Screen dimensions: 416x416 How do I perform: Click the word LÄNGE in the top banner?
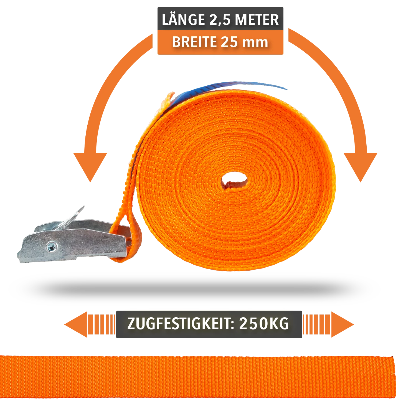[x=183, y=19]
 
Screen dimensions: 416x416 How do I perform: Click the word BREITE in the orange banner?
[x=194, y=42]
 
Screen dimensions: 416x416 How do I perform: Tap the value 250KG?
[x=264, y=324]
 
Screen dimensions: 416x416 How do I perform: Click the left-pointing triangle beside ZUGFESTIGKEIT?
[x=76, y=324]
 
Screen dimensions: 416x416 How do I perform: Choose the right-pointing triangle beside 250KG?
[x=343, y=324]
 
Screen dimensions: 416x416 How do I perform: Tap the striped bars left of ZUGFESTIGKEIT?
[x=102, y=324]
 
